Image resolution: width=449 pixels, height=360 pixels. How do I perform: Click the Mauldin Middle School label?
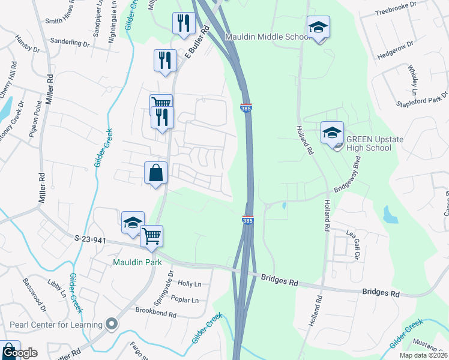pos(267,37)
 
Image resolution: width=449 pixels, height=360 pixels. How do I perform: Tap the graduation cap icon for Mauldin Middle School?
pos(318,27)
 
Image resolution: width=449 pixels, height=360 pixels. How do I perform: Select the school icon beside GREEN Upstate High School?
pos(332,133)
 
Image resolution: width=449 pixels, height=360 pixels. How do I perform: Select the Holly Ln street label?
pos(190,284)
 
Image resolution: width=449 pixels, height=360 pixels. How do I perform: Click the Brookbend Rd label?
pos(155,314)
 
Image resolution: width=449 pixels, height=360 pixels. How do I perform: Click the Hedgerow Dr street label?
pos(396,51)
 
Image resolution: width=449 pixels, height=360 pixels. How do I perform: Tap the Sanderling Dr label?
pos(70,43)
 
